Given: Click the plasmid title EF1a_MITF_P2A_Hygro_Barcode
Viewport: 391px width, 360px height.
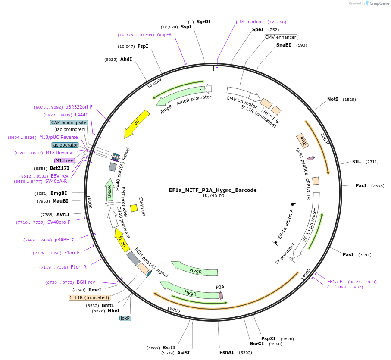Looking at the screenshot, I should coord(213,190).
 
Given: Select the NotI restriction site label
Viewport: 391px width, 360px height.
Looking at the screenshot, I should coord(332,99).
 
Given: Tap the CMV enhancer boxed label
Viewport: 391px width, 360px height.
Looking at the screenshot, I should coord(280,37).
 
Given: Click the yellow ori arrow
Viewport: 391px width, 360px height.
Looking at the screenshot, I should coord(137,123).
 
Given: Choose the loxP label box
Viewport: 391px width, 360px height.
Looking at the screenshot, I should coord(125,318).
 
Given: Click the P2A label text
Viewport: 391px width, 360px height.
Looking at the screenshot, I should coord(220,287).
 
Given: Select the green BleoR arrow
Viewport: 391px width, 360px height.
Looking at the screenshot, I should coord(110,190).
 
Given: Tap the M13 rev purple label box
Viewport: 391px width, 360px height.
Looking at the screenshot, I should coord(65,160).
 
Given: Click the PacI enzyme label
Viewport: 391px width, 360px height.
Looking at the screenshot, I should coord(361,185).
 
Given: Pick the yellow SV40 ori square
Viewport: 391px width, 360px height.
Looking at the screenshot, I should coord(134,208).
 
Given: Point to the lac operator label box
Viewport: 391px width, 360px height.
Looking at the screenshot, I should coord(65,145).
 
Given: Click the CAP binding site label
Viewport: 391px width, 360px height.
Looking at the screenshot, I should coord(69,122).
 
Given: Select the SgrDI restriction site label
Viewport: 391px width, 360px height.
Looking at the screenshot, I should coord(203,21).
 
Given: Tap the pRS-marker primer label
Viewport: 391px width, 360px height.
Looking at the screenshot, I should coord(249,22).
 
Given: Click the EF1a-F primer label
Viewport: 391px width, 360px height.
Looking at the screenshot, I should coord(335,282).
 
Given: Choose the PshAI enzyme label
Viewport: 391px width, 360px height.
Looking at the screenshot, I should coord(227,352).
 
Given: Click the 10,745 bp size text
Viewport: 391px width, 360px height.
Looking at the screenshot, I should coord(213,195).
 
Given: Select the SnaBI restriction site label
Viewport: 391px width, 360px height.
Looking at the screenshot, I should coord(284,45).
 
